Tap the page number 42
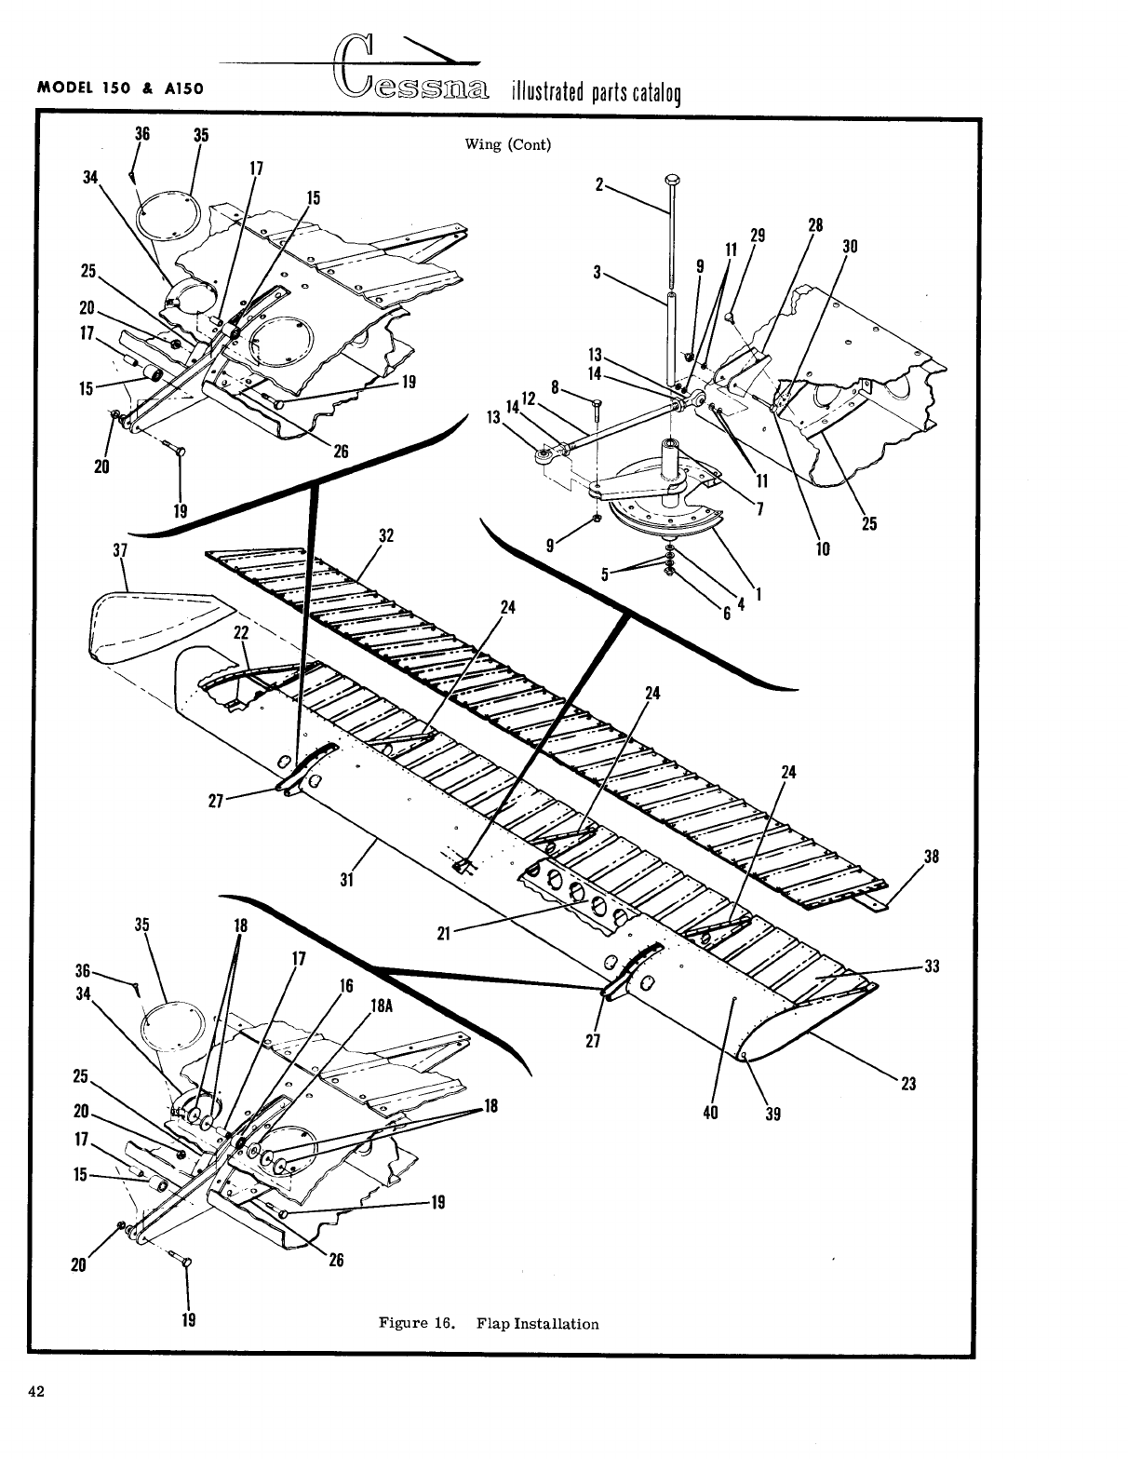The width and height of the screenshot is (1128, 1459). (x=37, y=1393)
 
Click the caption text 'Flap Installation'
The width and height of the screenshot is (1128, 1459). (x=537, y=1323)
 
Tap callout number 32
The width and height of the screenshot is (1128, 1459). (x=386, y=535)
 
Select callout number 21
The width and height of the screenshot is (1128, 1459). (x=444, y=934)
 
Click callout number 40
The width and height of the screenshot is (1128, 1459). (x=710, y=1111)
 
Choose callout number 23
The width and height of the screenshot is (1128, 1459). (x=909, y=1084)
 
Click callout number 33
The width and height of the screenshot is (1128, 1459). (x=931, y=966)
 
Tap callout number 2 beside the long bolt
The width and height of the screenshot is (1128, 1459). (x=600, y=183)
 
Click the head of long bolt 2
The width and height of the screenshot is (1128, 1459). (x=671, y=180)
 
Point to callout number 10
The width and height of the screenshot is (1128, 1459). (x=823, y=549)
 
